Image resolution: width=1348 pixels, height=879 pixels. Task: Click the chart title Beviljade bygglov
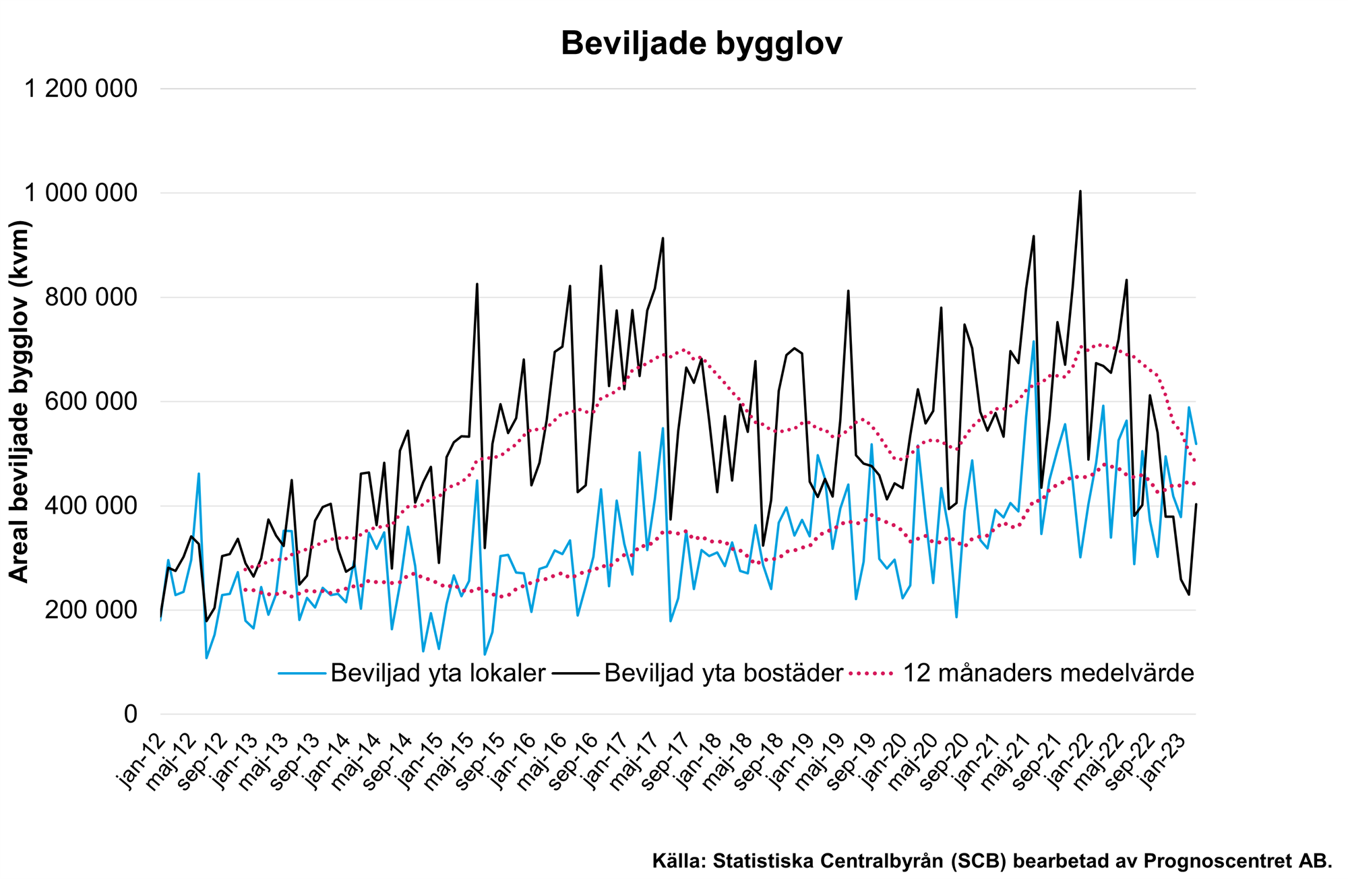pyautogui.click(x=701, y=44)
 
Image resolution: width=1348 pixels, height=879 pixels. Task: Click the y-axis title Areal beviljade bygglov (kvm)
pyautogui.click(x=20, y=402)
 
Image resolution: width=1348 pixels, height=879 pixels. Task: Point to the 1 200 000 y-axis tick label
pyautogui.click(x=81, y=88)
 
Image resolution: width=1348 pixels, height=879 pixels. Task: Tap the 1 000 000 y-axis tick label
pyautogui.click(x=81, y=193)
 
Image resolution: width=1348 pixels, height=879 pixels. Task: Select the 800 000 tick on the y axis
pyautogui.click(x=90, y=297)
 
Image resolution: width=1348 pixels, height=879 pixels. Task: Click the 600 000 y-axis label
pyautogui.click(x=90, y=402)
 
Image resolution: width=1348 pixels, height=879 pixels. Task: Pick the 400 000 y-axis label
pyautogui.click(x=90, y=506)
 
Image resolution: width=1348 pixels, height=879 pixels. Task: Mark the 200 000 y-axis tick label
pyautogui.click(x=90, y=610)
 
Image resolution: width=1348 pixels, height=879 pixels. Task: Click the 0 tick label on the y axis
pyautogui.click(x=131, y=714)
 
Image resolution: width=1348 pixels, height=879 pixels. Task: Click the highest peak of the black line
pyautogui.click(x=1080, y=191)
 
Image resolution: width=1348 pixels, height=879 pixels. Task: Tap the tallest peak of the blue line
pyautogui.click(x=1033, y=341)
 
